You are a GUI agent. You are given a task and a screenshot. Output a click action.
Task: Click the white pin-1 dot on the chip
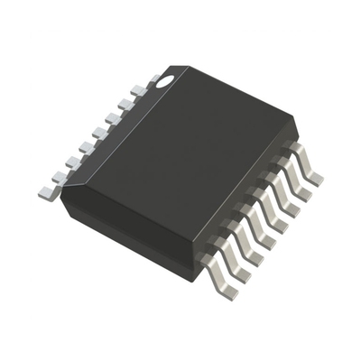(165, 80)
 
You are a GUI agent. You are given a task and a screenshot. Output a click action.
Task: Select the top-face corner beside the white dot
(185, 68)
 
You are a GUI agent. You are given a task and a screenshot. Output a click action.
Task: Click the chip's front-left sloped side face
(126, 230)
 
